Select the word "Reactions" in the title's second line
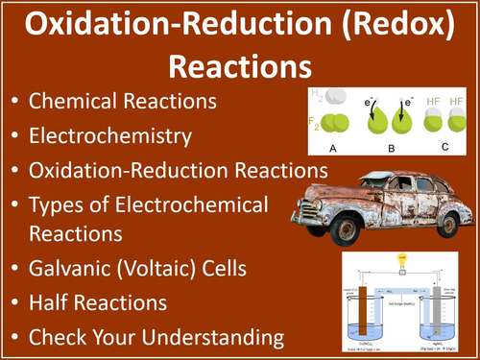240,65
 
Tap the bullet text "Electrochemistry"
110,135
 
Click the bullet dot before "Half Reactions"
13,303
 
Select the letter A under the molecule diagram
331,148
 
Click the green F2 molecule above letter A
335,124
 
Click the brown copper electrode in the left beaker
365,307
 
